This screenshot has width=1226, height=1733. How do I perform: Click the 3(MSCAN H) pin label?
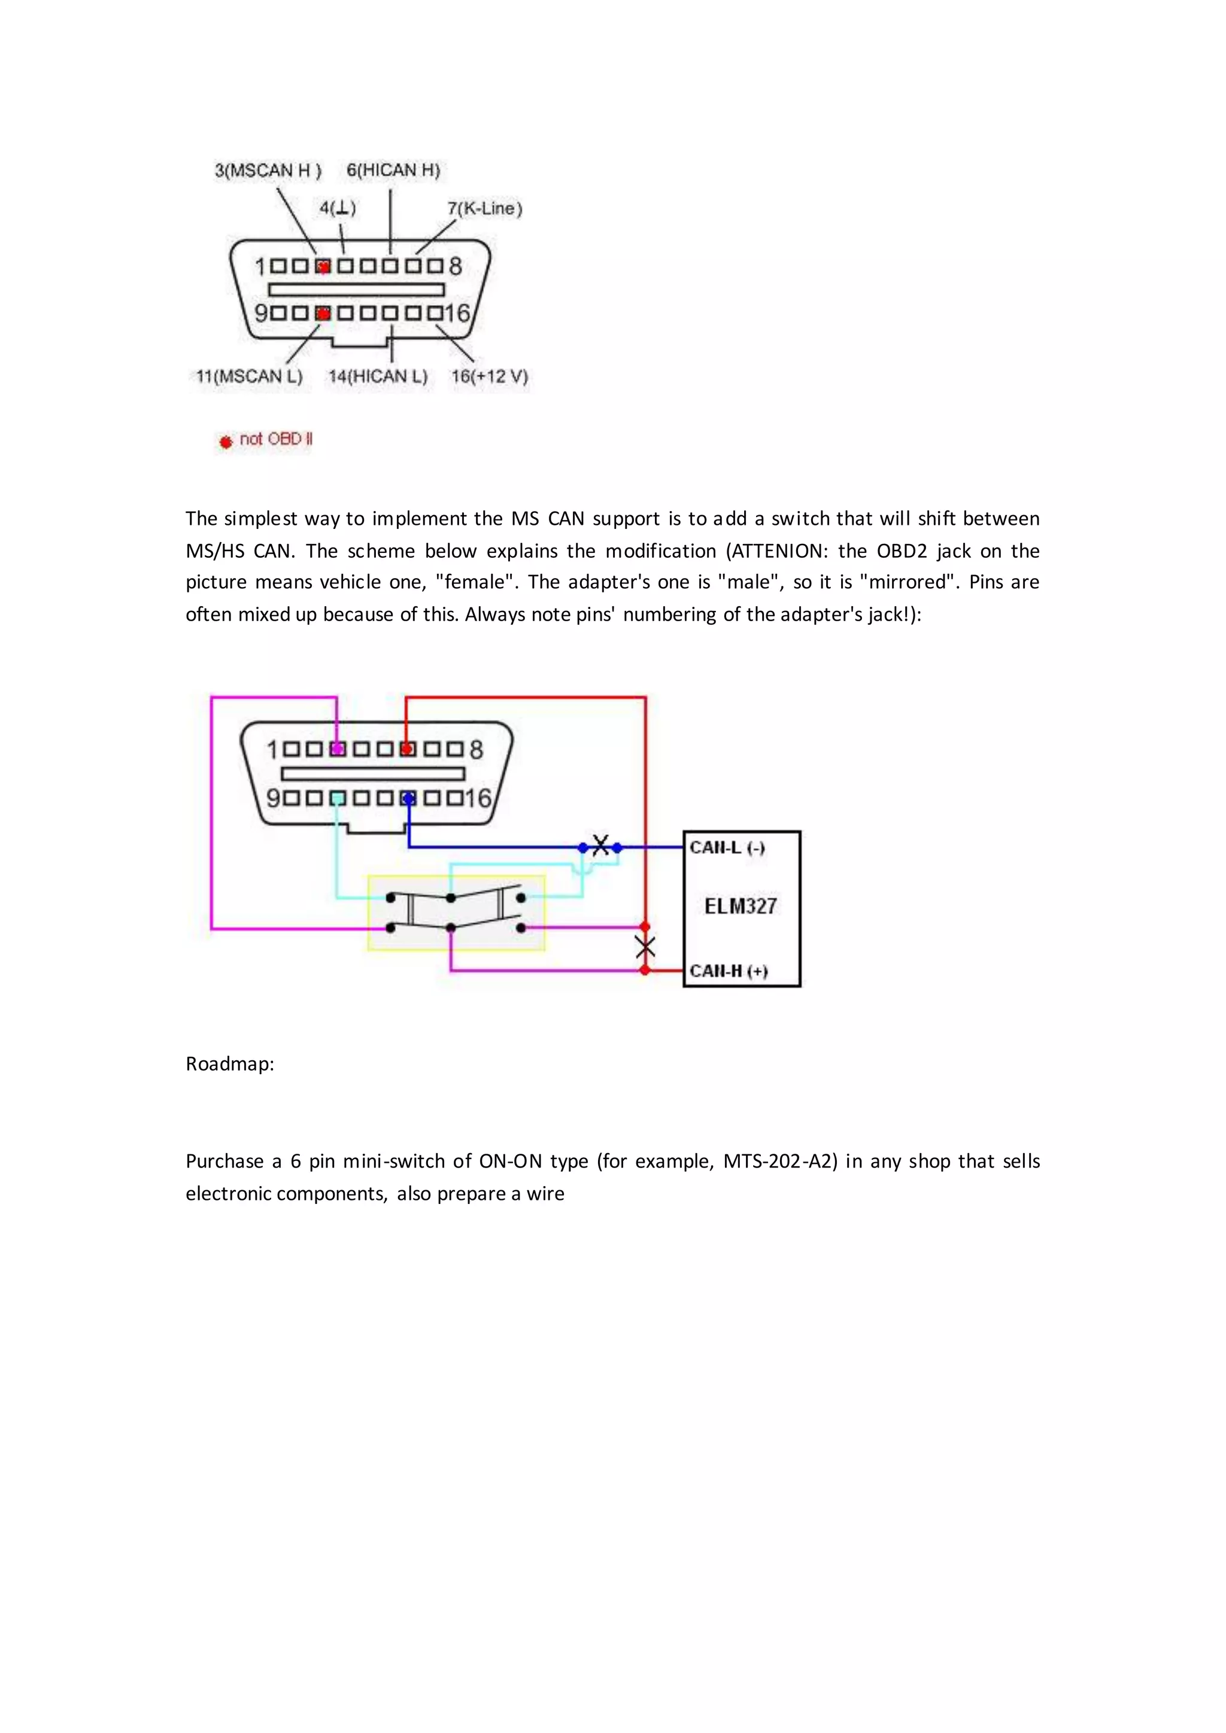click(x=268, y=171)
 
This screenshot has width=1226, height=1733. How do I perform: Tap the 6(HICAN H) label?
click(x=393, y=170)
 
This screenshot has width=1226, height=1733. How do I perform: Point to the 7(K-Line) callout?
click(x=485, y=208)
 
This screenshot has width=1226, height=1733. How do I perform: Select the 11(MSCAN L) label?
click(x=249, y=376)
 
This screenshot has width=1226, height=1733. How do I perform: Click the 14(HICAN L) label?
click(x=378, y=376)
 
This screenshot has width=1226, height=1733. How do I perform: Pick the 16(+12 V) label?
click(x=489, y=376)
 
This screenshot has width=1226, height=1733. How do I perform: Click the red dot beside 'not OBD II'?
click(x=225, y=442)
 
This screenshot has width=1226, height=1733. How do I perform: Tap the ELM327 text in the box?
click(x=740, y=906)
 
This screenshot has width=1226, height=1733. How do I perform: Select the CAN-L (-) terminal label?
click(x=727, y=847)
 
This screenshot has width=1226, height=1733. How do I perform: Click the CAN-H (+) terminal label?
click(x=729, y=971)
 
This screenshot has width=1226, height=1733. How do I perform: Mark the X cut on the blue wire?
click(x=600, y=846)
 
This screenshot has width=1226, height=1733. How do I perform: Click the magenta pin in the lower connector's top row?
click(x=338, y=749)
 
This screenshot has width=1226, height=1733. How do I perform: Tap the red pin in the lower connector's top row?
click(x=408, y=749)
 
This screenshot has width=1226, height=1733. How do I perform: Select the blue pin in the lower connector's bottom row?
click(x=408, y=798)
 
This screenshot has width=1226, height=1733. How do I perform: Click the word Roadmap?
click(x=229, y=1063)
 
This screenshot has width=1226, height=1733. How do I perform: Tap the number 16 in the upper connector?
click(x=457, y=313)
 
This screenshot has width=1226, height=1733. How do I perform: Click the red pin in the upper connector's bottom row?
click(x=323, y=313)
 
